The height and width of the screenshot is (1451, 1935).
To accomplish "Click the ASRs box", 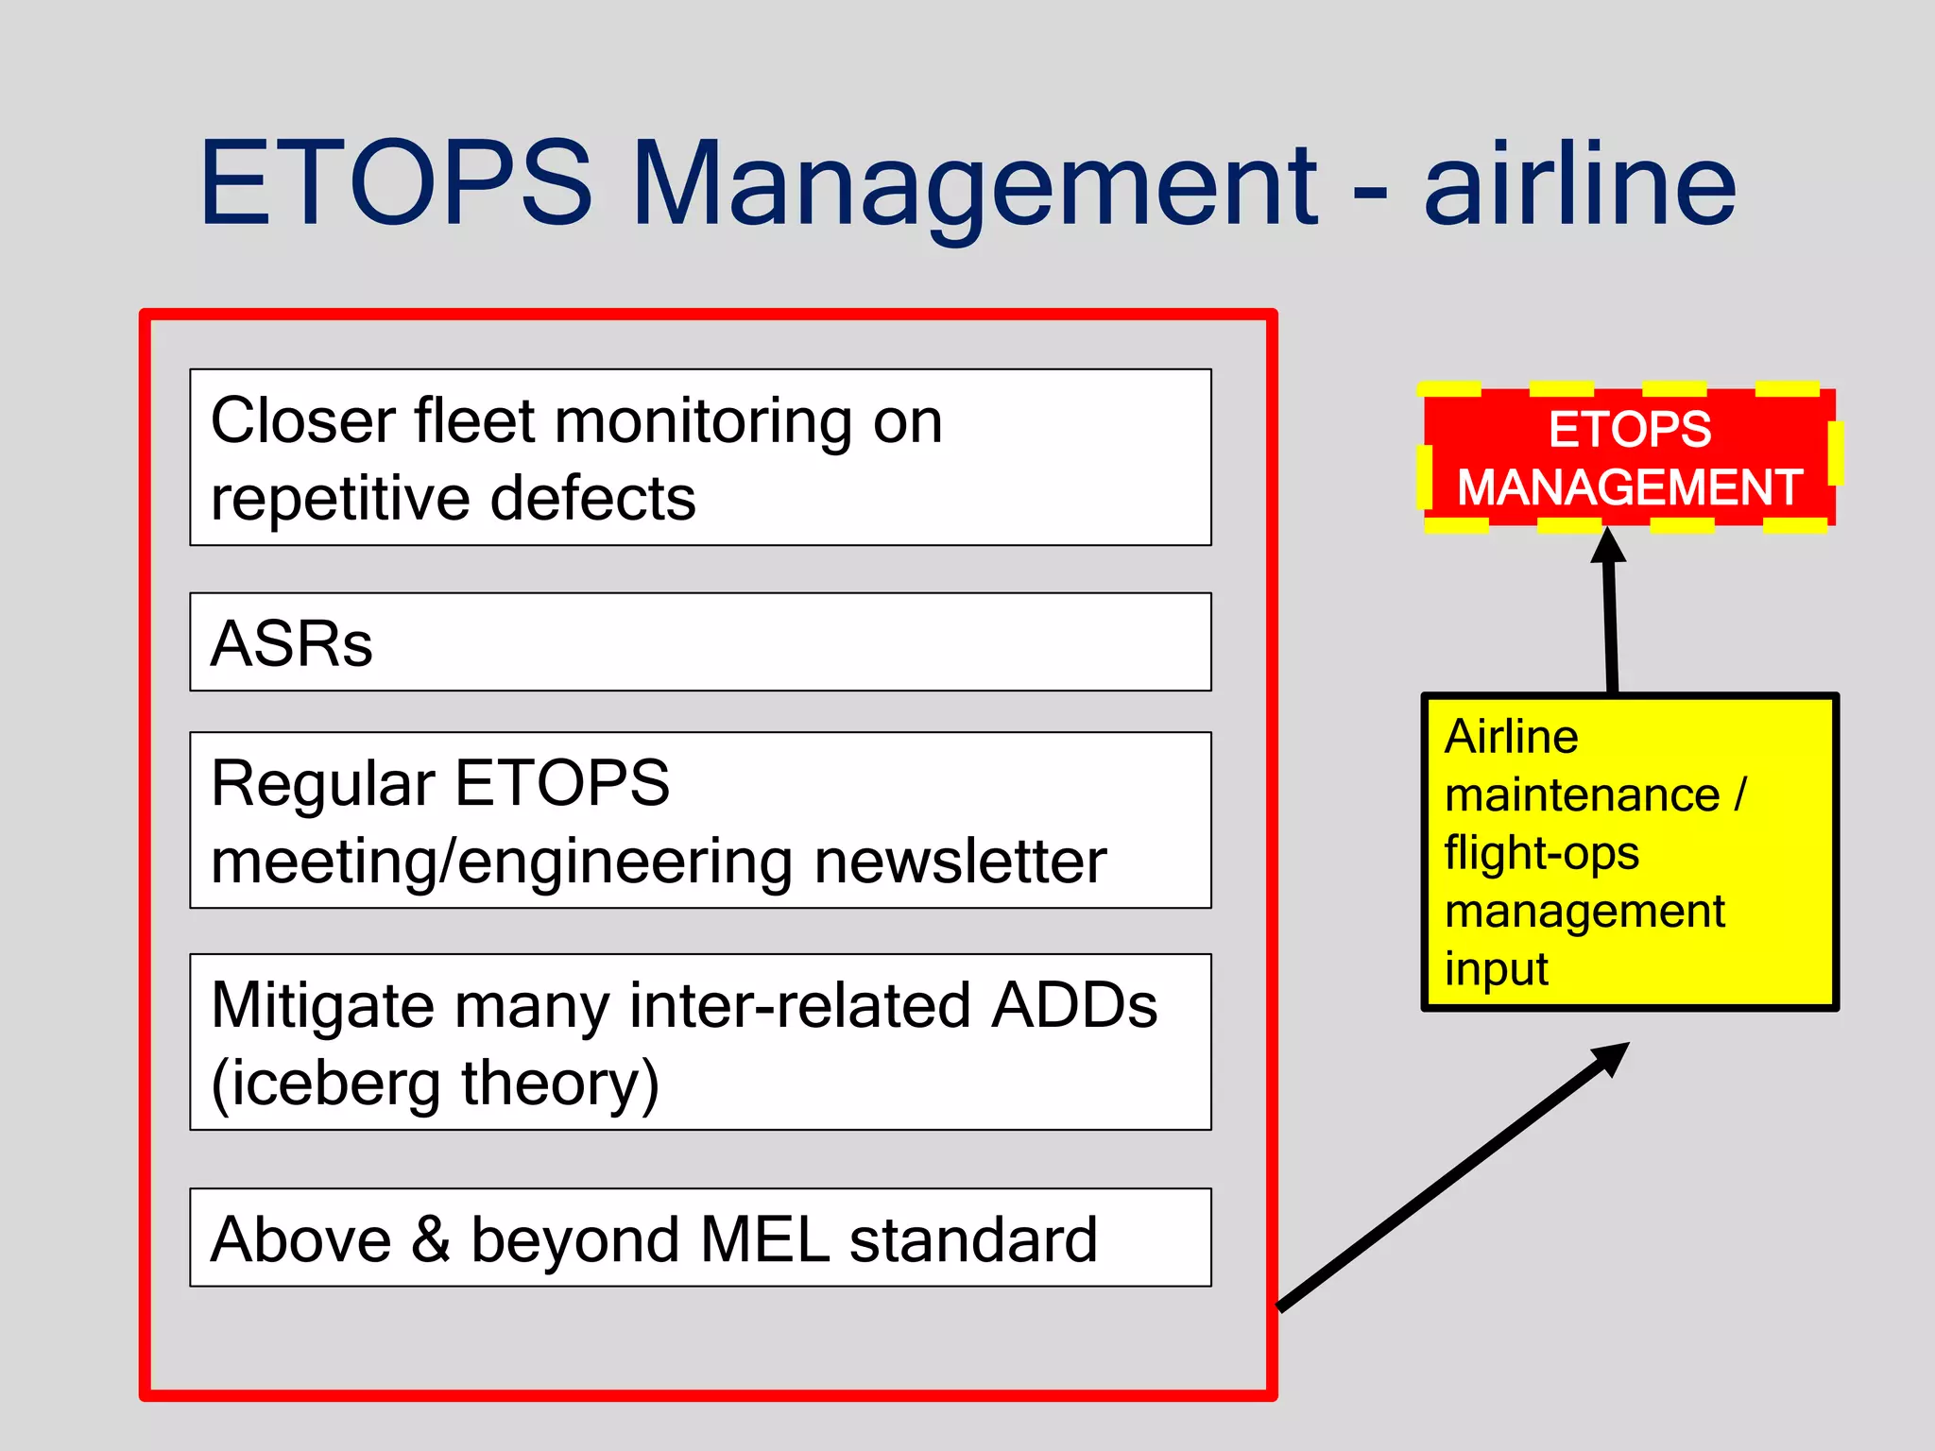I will click(699, 642).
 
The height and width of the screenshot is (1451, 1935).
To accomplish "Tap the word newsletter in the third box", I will click(960, 862).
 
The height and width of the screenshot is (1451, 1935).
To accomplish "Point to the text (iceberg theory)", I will click(435, 1084).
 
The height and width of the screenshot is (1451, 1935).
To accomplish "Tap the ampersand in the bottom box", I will click(431, 1239).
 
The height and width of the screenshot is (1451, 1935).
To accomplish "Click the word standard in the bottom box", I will click(973, 1239).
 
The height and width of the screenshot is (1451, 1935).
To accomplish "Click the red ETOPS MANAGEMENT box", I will click(1629, 458).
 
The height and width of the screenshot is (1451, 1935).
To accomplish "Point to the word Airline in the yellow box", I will click(1511, 737).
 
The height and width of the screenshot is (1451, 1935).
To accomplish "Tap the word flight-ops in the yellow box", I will click(1541, 853).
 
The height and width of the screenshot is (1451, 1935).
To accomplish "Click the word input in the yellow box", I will click(1496, 969).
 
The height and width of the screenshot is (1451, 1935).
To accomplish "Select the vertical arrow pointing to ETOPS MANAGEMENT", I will click(1610, 614).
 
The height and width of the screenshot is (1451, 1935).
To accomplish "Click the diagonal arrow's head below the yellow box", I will click(1610, 1058).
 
